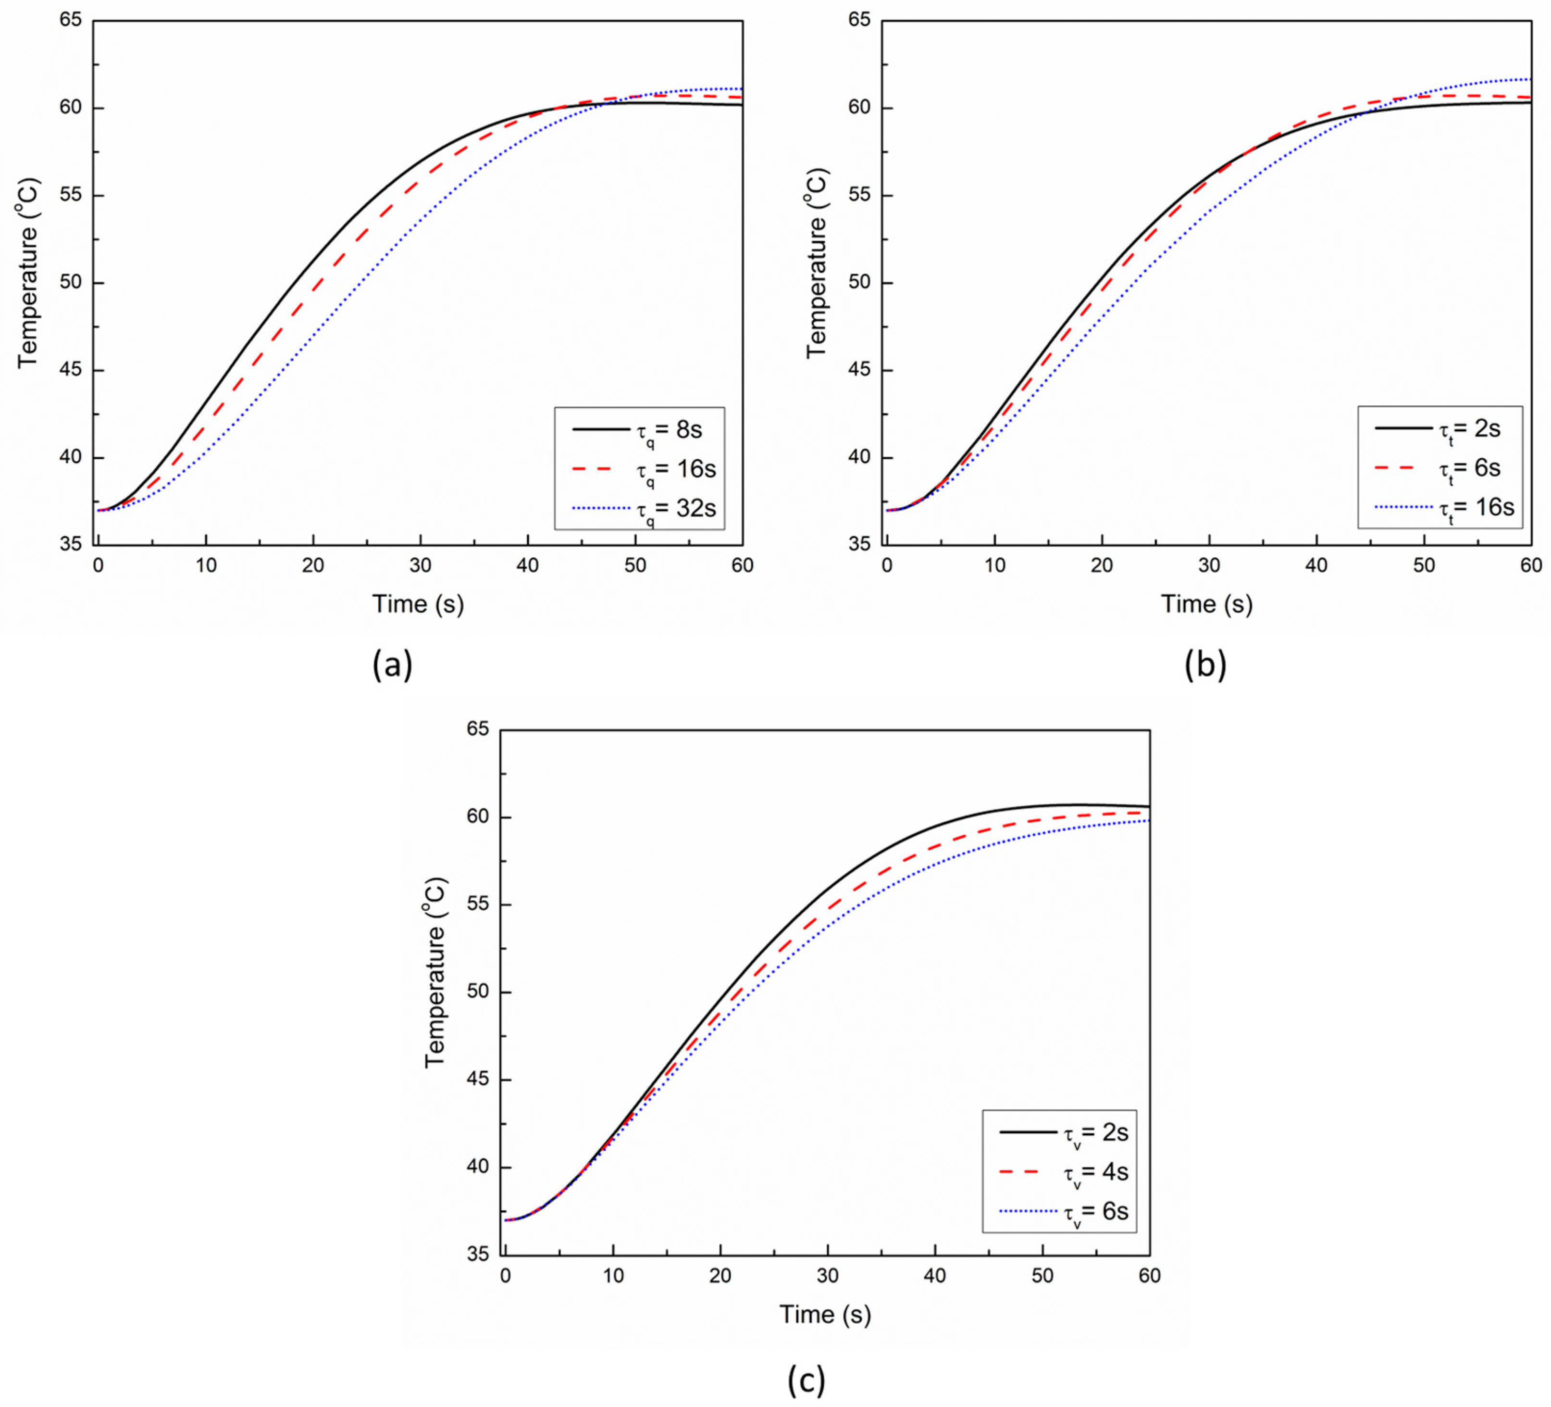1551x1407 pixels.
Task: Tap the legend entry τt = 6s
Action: coord(1438,468)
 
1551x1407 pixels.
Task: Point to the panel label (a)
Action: coord(392,664)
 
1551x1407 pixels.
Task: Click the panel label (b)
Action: coord(1205,664)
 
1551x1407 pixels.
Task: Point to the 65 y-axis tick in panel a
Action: coord(71,20)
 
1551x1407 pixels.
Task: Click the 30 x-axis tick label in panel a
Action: coord(421,565)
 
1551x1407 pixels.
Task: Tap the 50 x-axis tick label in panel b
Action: coord(1424,565)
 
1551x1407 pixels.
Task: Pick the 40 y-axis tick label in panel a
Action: coord(71,458)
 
